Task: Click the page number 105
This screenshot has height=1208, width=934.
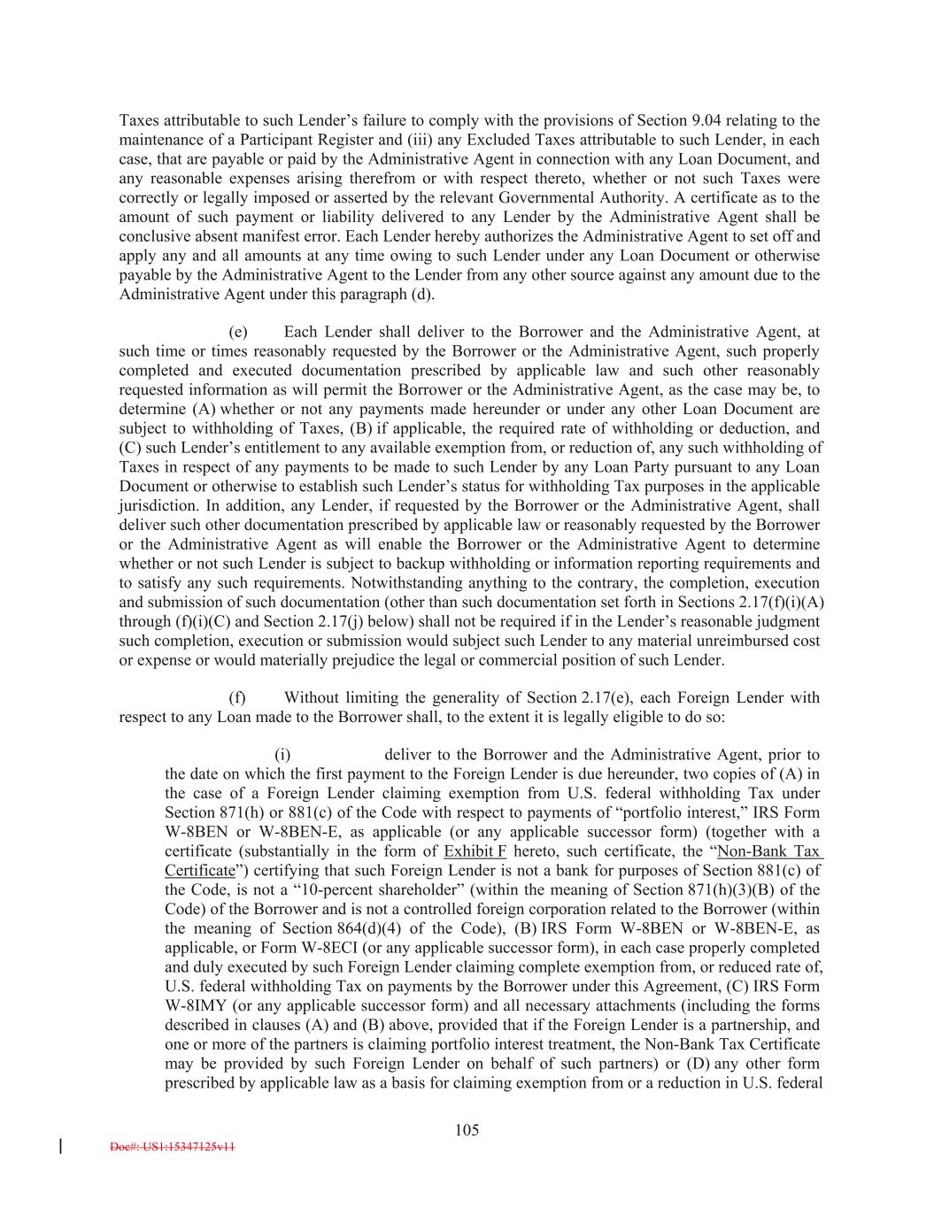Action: pos(467,1129)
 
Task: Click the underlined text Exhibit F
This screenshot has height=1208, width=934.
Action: pos(475,851)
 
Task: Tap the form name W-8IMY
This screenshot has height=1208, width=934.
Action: pos(194,1006)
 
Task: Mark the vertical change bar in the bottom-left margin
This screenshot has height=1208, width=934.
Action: pos(59,1147)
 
